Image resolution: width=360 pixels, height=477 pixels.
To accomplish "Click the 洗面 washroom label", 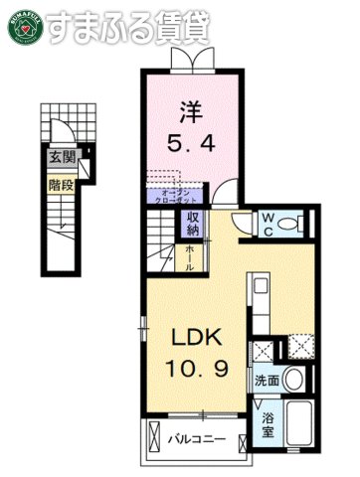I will pos(267,381).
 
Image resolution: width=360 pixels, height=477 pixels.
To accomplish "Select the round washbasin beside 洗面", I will pos(293,380).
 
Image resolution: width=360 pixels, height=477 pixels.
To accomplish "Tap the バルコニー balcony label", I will pos(197,438).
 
